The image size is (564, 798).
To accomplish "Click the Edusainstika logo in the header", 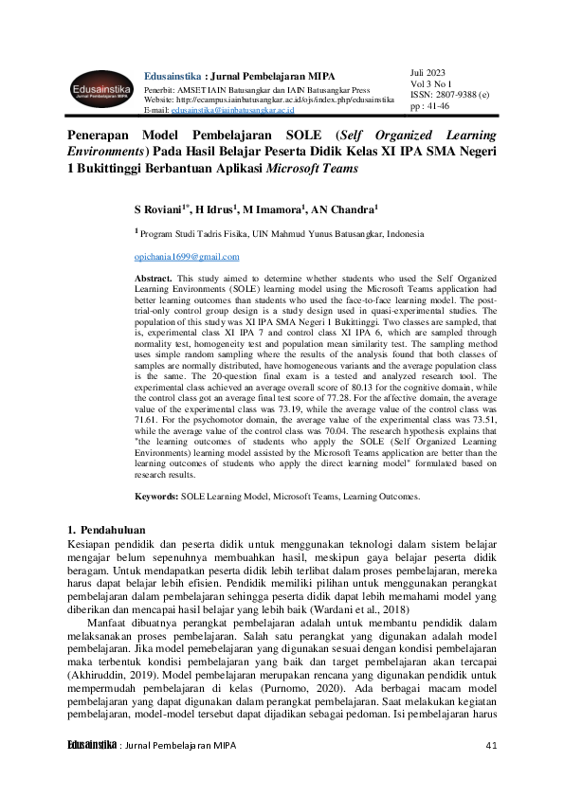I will [x=100, y=90].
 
